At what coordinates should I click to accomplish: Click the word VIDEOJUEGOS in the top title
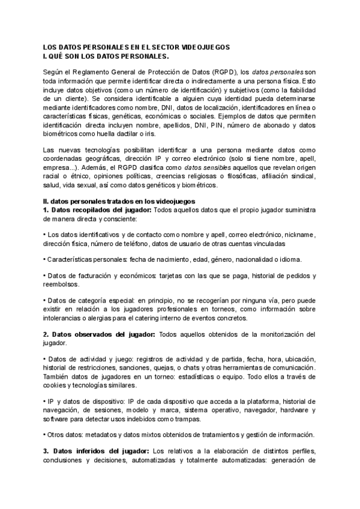click(205, 46)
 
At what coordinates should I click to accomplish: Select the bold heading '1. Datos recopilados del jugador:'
click(98, 210)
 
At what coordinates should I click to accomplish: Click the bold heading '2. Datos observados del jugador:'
click(99, 334)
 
